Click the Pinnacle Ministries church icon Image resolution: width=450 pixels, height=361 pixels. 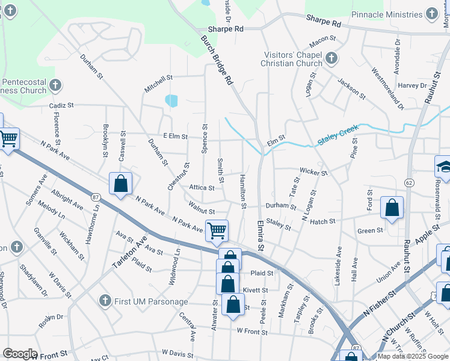click(x=431, y=13)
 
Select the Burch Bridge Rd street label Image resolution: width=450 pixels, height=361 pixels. click(x=217, y=60)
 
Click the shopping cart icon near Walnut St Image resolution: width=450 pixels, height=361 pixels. click(x=216, y=230)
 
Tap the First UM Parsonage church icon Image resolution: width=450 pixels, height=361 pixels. click(x=105, y=300)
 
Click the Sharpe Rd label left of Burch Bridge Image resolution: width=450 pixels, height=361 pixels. click(x=226, y=28)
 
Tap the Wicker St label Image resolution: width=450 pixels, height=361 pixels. click(x=313, y=172)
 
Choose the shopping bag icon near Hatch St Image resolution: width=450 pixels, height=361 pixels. click(x=392, y=208)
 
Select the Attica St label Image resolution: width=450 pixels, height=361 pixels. click(x=202, y=188)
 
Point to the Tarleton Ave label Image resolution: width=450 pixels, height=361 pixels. click(x=129, y=255)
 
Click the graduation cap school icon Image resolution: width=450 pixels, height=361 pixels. click(x=444, y=167)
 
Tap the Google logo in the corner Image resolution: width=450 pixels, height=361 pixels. click(x=20, y=354)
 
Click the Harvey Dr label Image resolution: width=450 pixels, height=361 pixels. click(x=411, y=85)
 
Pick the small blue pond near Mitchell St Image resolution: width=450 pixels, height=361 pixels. click(x=171, y=100)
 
